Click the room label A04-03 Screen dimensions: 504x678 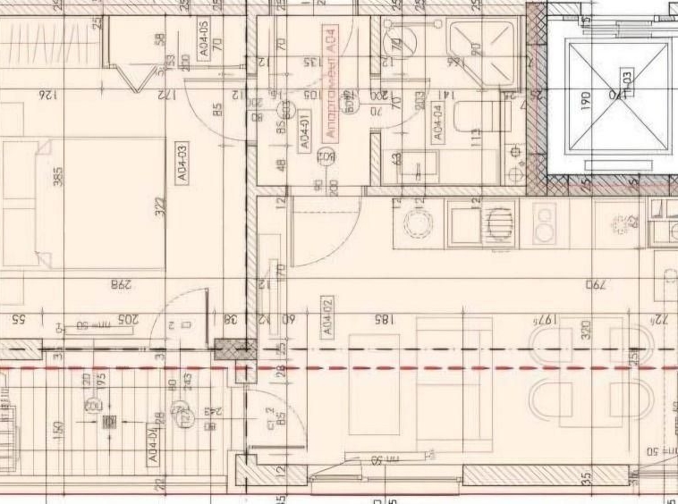pos(182,164)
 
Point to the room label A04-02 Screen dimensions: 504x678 pos(327,317)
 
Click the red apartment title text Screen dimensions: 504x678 pos(331,81)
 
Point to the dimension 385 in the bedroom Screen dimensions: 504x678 pos(58,178)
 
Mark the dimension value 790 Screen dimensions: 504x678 pos(596,285)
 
